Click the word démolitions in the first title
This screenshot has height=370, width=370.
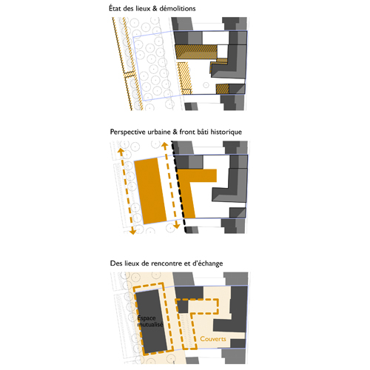pyautogui.click(x=178, y=9)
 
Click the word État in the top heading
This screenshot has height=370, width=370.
pyautogui.click(x=115, y=8)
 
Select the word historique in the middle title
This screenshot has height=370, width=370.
pyautogui.click(x=226, y=132)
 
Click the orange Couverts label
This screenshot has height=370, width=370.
pyautogui.click(x=213, y=339)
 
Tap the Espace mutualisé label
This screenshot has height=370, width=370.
pyautogui.click(x=150, y=321)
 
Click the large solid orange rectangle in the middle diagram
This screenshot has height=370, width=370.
pyautogui.click(x=151, y=191)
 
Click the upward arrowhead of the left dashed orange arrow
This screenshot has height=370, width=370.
pyautogui.click(x=120, y=150)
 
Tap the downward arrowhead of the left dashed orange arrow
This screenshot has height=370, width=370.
pyautogui.click(x=132, y=232)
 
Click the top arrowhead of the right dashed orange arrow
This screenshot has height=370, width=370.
pyautogui.click(x=164, y=145)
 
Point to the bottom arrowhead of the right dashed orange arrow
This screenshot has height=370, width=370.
pyautogui.click(x=177, y=226)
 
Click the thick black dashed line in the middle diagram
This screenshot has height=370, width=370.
pyautogui.click(x=179, y=187)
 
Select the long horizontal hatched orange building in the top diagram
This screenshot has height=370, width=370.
pyautogui.click(x=196, y=52)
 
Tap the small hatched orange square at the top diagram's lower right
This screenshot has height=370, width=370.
pyautogui.click(x=222, y=89)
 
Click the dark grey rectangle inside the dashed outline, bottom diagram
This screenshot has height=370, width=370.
pyautogui.click(x=152, y=321)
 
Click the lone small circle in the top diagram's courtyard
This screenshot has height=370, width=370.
pyautogui.click(x=206, y=85)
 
